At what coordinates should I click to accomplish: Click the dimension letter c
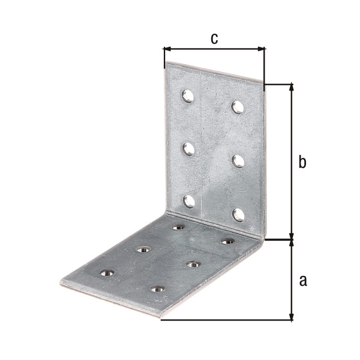coord(214,38)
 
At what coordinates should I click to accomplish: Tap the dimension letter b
coord(302,162)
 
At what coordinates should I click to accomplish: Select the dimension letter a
coord(302,280)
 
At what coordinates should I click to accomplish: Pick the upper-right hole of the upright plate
coord(238,107)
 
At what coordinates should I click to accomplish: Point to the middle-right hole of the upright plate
coord(238,160)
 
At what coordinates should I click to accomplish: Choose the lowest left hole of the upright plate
coord(188,201)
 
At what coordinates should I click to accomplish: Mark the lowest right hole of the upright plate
coord(238,214)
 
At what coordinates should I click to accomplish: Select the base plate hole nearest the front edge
coord(158,290)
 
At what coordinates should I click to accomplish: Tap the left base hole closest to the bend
coord(178,227)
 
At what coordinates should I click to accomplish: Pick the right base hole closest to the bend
coord(227,241)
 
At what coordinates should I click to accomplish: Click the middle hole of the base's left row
coord(143,250)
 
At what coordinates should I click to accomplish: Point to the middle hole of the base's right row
coord(193,264)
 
